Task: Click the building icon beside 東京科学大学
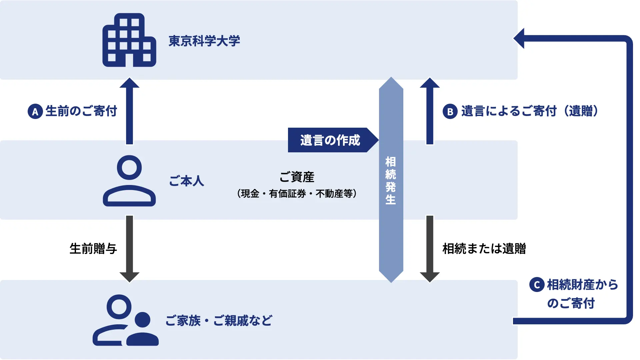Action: [x=129, y=40]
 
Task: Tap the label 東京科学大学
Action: [x=204, y=41]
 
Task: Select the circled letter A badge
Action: [x=35, y=111]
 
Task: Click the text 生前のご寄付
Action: [x=81, y=111]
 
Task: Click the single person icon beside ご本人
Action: [x=129, y=181]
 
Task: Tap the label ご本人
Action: [x=187, y=181]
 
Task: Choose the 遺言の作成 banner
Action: [x=330, y=140]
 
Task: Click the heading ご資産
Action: [x=297, y=177]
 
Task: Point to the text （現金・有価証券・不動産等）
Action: [x=297, y=194]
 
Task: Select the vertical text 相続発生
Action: [x=391, y=180]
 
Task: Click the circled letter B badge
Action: [x=450, y=111]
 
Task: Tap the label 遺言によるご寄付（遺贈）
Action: [x=530, y=111]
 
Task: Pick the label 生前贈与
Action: [x=93, y=249]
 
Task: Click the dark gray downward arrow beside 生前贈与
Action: [x=129, y=249]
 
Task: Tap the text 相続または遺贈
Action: [x=484, y=249]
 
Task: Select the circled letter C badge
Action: [x=537, y=285]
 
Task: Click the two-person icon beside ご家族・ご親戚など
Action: [x=126, y=320]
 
